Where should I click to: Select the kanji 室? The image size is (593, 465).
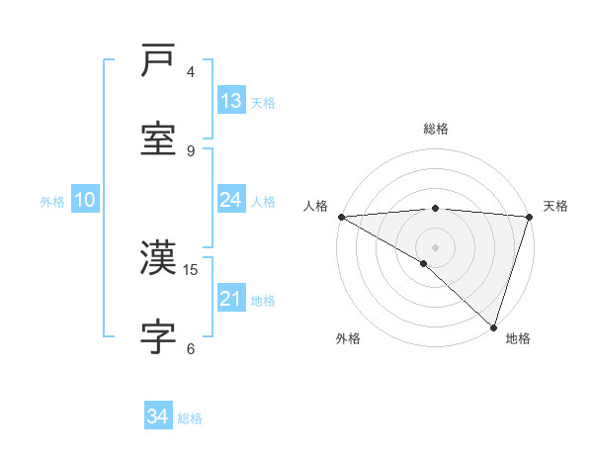click(159, 139)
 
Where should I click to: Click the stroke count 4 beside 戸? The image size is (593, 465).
click(191, 71)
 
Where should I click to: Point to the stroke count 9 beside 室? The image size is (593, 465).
click(191, 150)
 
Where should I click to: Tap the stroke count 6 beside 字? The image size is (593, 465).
click(191, 348)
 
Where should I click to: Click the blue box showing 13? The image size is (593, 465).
click(231, 101)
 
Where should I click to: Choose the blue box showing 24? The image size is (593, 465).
click(231, 200)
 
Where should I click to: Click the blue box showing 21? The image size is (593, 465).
click(231, 299)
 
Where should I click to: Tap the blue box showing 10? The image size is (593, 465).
click(85, 200)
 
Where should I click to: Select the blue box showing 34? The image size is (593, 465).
click(158, 418)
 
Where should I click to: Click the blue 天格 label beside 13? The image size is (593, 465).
click(263, 102)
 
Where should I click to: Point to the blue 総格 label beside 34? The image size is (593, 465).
click(190, 418)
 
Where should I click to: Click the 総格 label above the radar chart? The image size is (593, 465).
click(436, 129)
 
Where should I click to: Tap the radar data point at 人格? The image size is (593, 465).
click(341, 217)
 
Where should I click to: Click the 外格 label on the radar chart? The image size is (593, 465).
click(348, 339)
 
